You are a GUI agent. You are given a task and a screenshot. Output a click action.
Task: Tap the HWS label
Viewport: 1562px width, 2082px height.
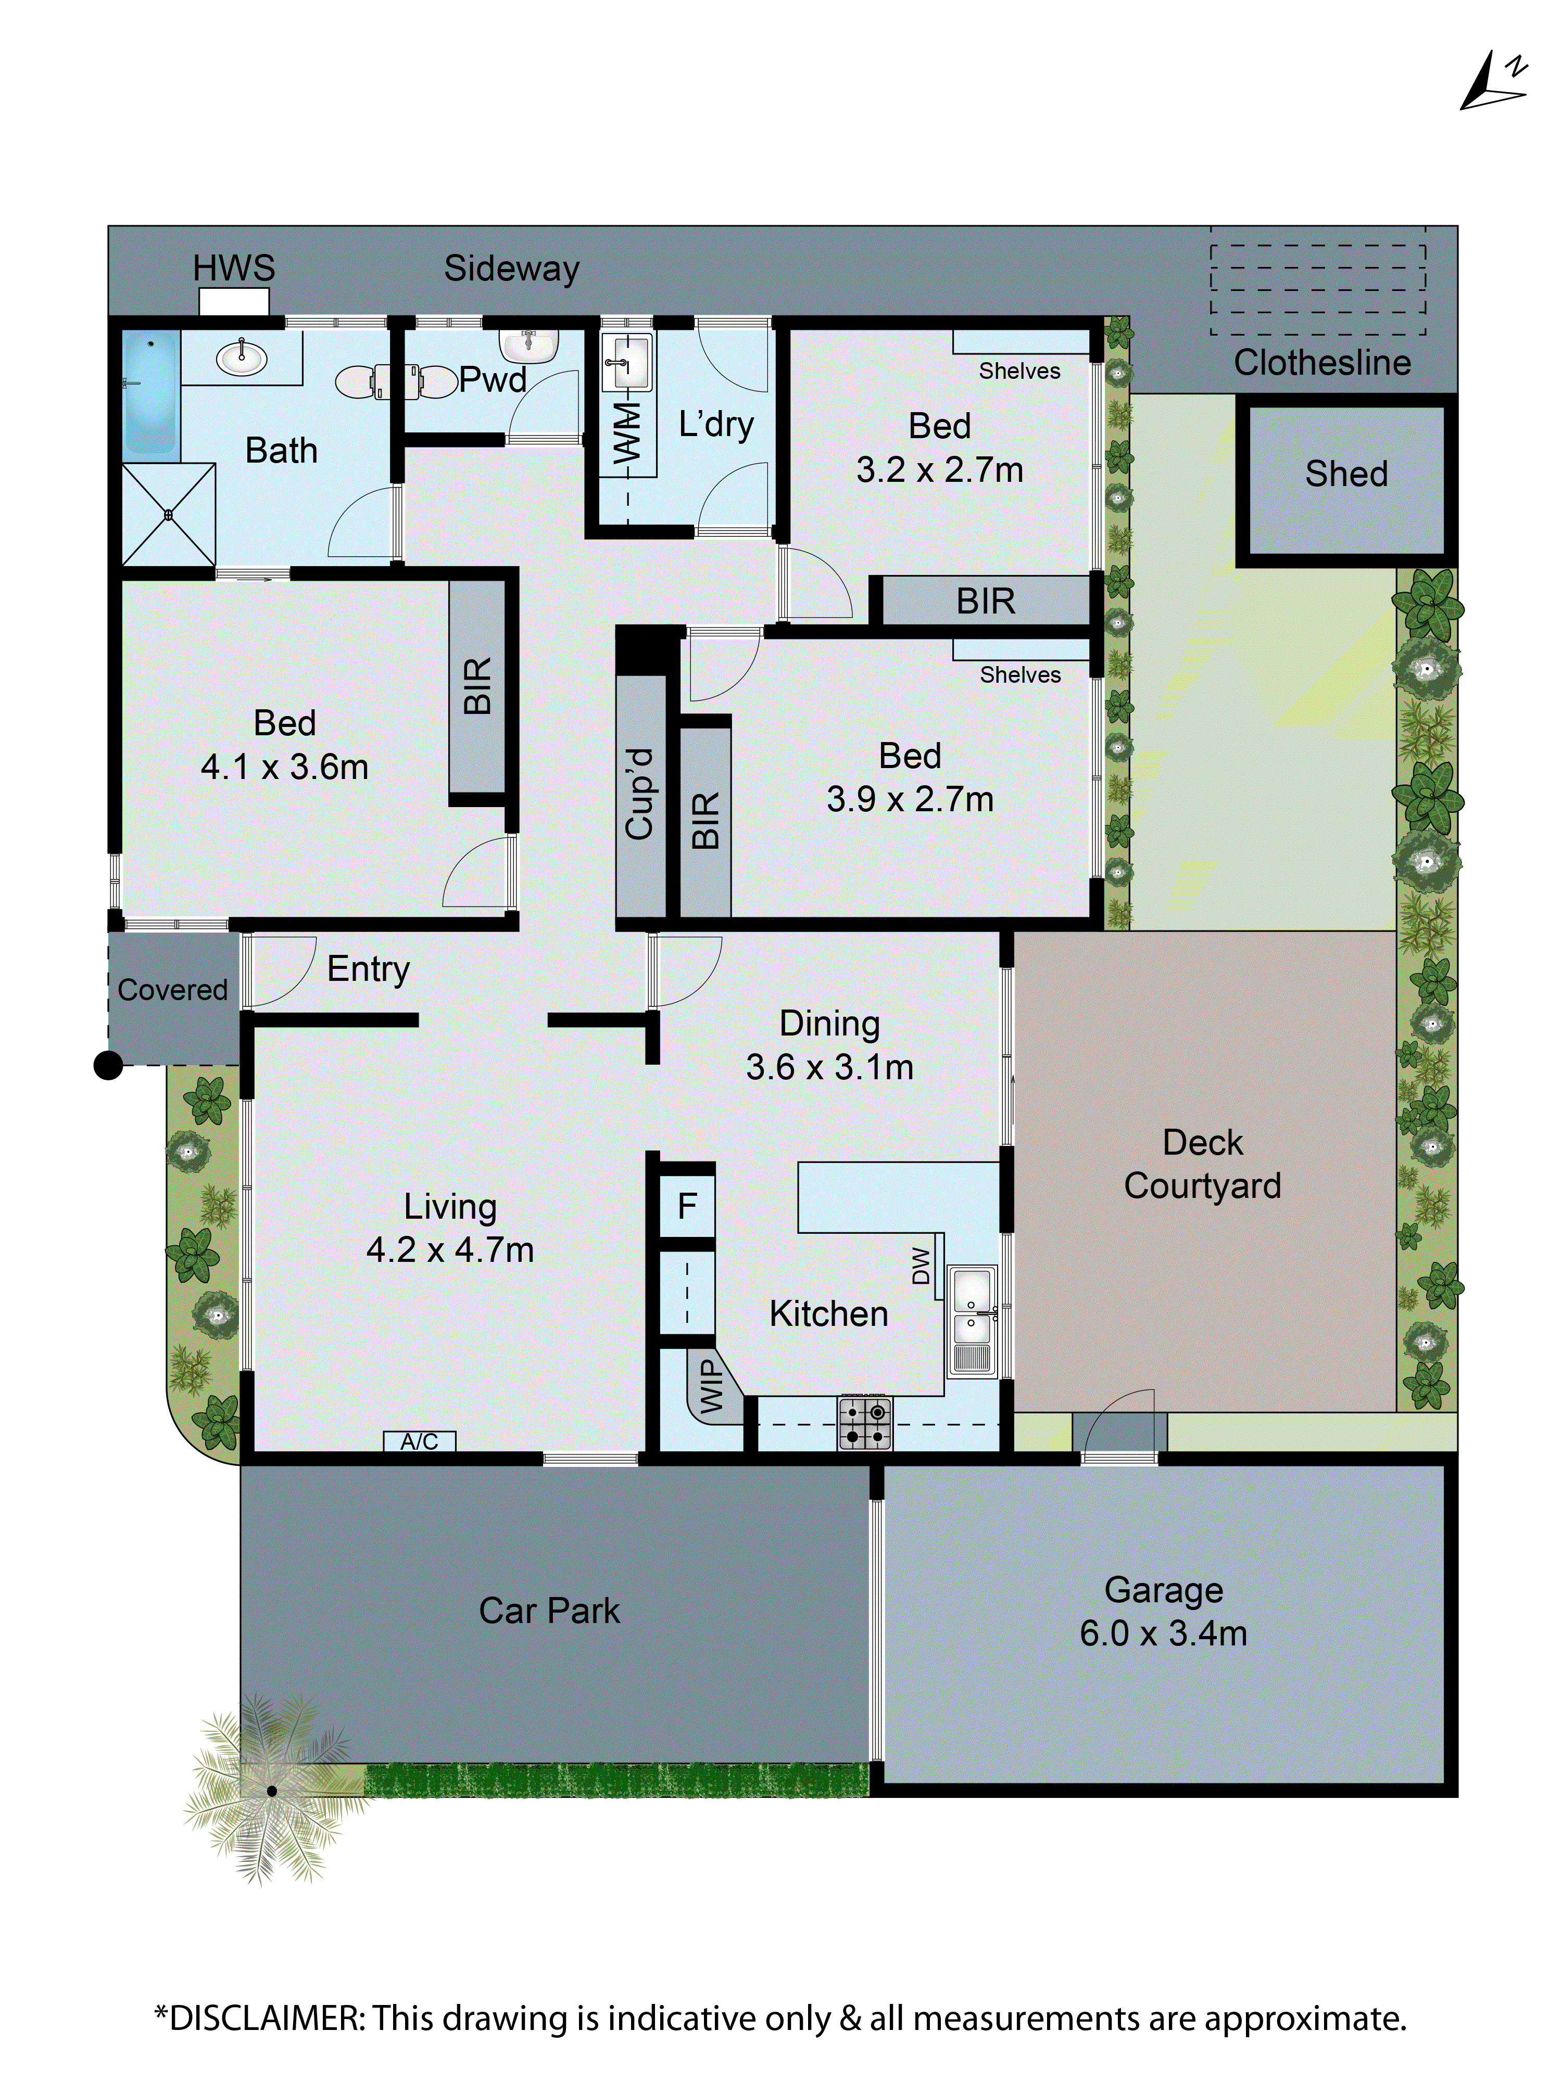(233, 268)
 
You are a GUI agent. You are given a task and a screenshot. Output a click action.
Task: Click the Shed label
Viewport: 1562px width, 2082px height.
(1345, 474)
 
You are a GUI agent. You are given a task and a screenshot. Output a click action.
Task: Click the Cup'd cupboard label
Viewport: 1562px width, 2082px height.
(639, 794)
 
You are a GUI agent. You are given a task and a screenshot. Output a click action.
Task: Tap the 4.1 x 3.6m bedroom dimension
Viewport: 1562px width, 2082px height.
(284, 767)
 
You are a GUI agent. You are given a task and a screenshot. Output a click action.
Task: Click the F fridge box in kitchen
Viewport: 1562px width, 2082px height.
(686, 1206)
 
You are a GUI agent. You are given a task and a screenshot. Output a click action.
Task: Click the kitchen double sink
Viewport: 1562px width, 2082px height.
(972, 1318)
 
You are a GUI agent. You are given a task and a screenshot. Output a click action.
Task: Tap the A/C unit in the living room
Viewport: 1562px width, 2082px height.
(419, 1441)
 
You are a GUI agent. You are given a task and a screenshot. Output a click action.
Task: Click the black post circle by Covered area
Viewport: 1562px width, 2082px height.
(109, 1066)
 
